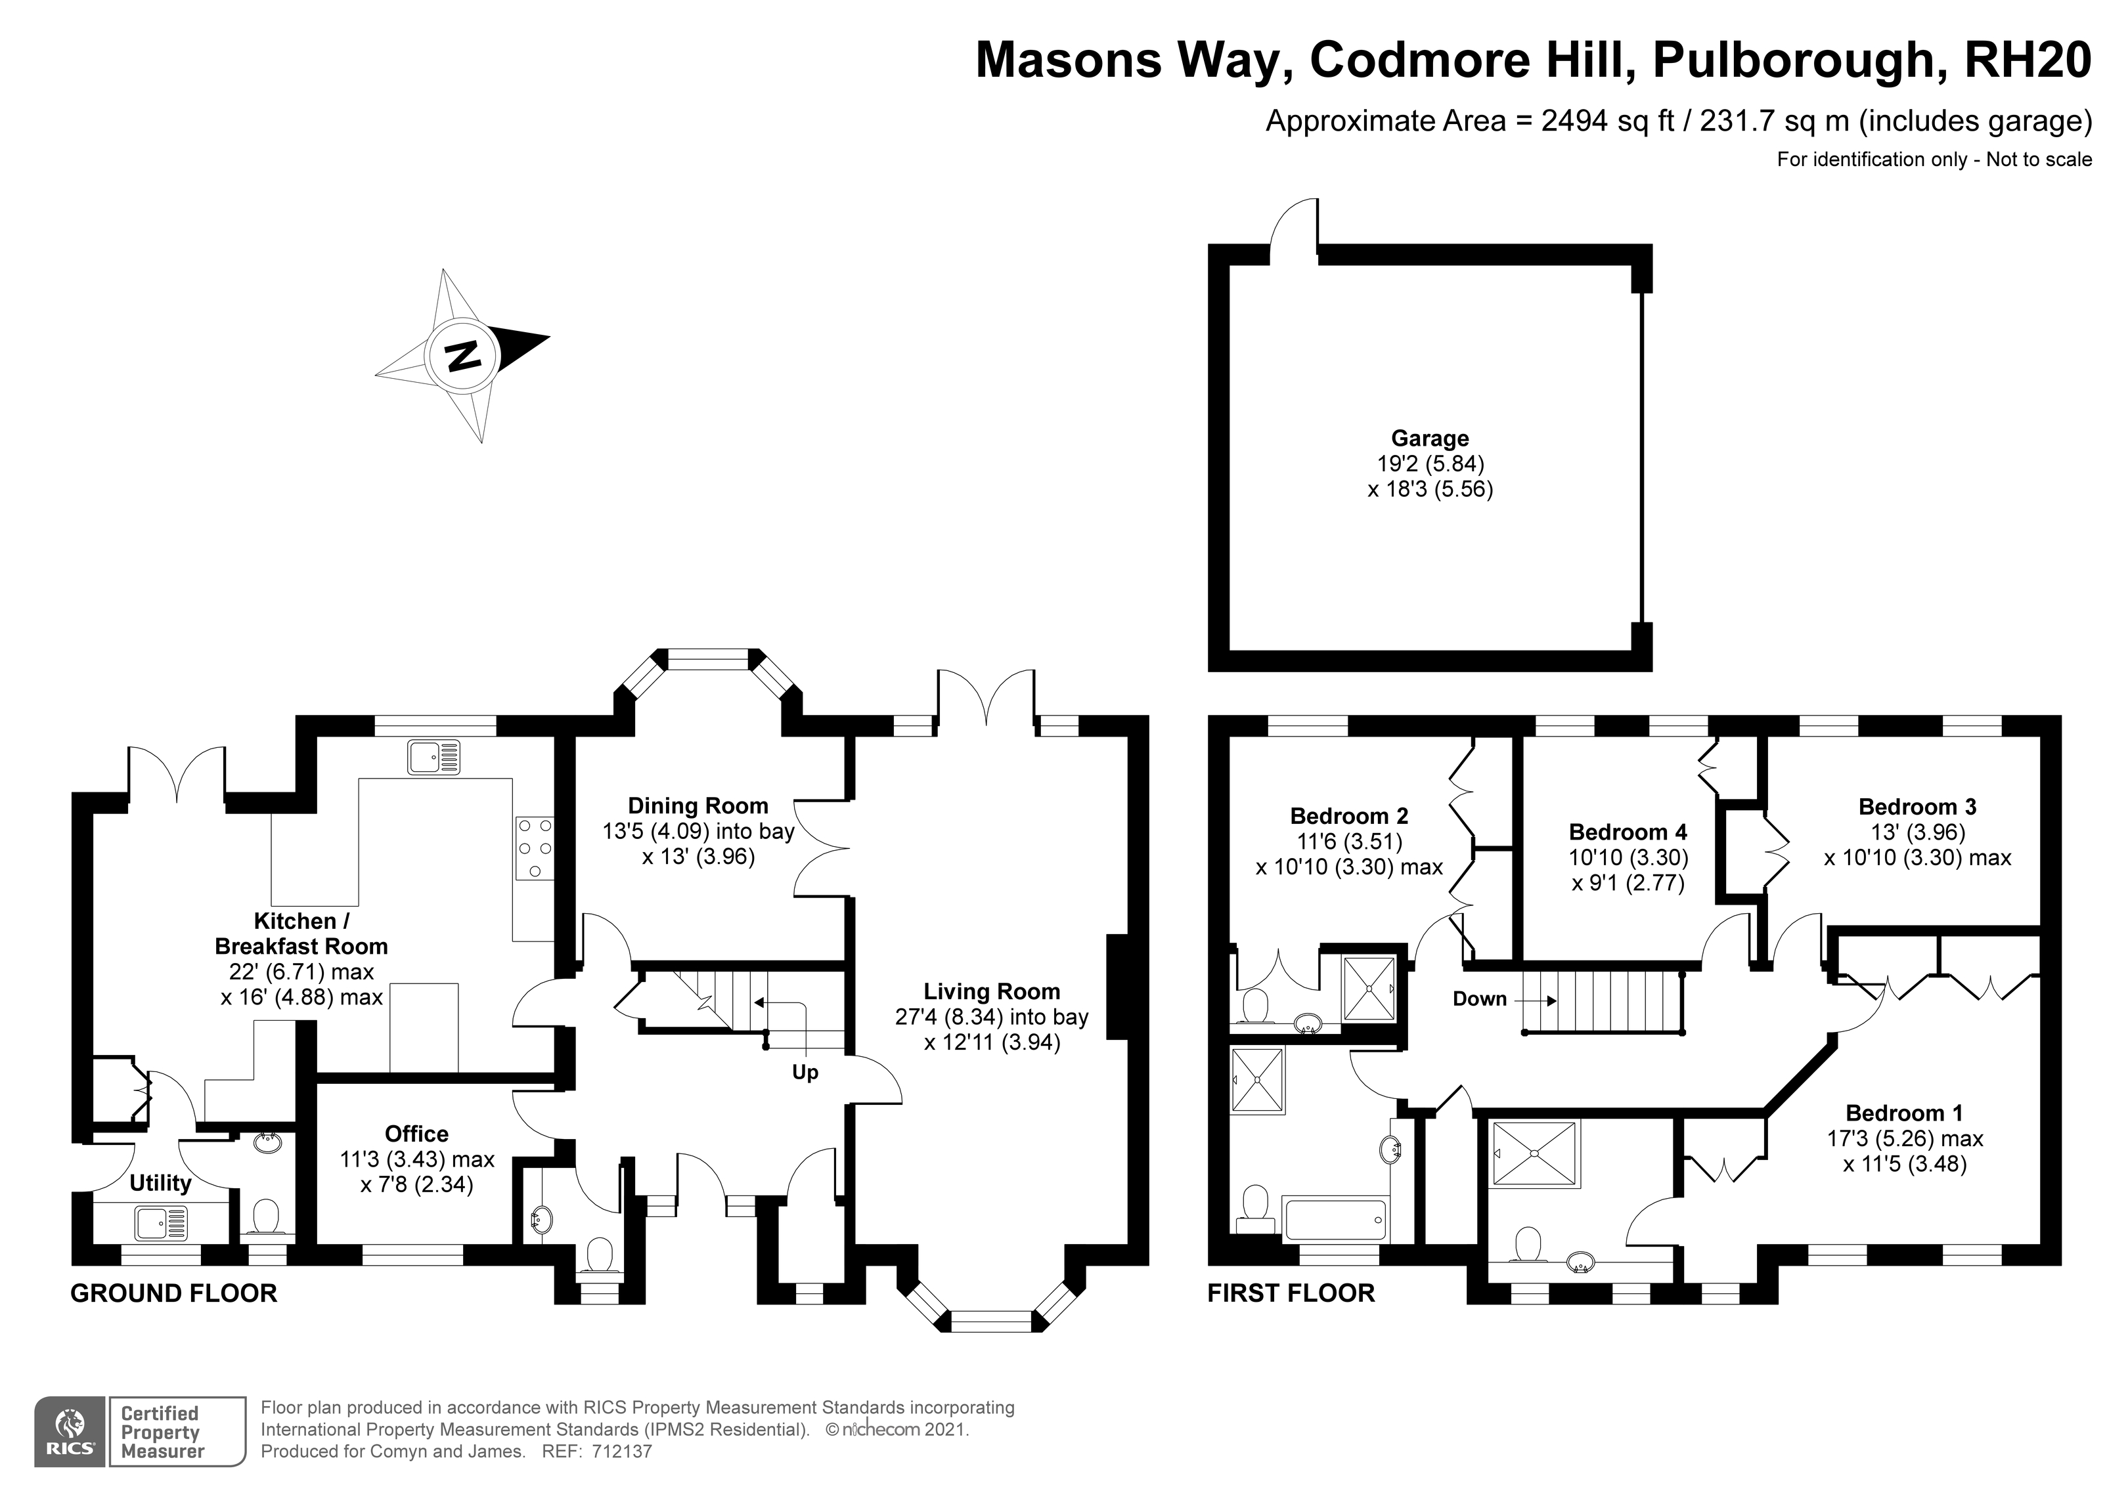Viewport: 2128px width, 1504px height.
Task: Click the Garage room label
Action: (1429, 439)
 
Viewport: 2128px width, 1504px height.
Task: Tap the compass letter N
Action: (462, 356)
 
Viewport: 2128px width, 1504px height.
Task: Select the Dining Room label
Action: (698, 806)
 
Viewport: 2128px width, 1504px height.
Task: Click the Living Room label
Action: (992, 991)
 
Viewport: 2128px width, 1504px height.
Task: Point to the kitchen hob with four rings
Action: (534, 848)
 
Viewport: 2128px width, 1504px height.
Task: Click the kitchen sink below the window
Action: (433, 757)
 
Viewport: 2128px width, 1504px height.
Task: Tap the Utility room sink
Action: (162, 1223)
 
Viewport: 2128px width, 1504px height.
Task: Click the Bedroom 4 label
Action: (1628, 832)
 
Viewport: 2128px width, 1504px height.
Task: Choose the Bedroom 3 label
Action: (1918, 807)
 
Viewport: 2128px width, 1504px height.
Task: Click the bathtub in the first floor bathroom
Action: (1335, 1218)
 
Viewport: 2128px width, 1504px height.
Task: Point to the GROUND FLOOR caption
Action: (174, 1294)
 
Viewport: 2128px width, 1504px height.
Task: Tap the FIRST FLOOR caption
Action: (1291, 1294)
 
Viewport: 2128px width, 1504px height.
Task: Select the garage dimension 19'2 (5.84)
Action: (1430, 463)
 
